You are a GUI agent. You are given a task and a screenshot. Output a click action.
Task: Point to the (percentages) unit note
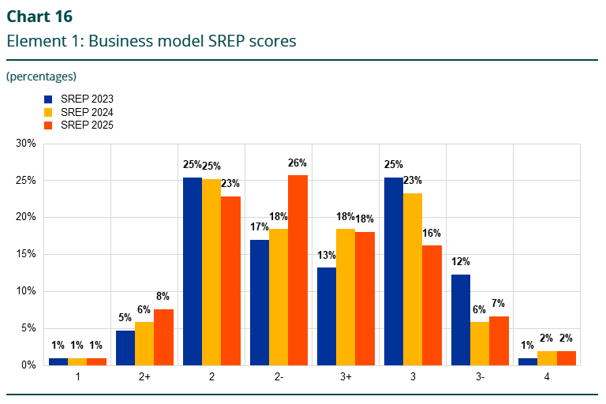click(41, 77)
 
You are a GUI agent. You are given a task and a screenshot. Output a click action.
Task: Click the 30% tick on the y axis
click(26, 144)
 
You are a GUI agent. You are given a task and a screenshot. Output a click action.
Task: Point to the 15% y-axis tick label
click(26, 254)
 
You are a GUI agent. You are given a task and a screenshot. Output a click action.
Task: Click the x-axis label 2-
click(279, 378)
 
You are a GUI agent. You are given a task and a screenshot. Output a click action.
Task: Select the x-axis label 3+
click(346, 378)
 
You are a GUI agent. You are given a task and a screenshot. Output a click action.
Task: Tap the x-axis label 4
click(547, 378)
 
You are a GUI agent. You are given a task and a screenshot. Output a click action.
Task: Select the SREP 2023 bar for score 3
click(394, 271)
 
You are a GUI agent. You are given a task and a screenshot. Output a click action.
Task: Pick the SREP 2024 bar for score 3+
click(346, 297)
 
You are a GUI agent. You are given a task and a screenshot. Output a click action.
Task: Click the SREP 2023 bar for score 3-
click(461, 320)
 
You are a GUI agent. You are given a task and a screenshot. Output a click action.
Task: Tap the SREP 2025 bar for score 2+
click(163, 337)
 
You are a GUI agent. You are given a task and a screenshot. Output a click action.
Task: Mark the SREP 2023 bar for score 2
click(193, 271)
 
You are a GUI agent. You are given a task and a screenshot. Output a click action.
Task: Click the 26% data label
click(297, 163)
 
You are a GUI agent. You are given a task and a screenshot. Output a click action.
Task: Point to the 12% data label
click(461, 262)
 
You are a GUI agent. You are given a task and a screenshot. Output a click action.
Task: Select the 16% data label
click(432, 234)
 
